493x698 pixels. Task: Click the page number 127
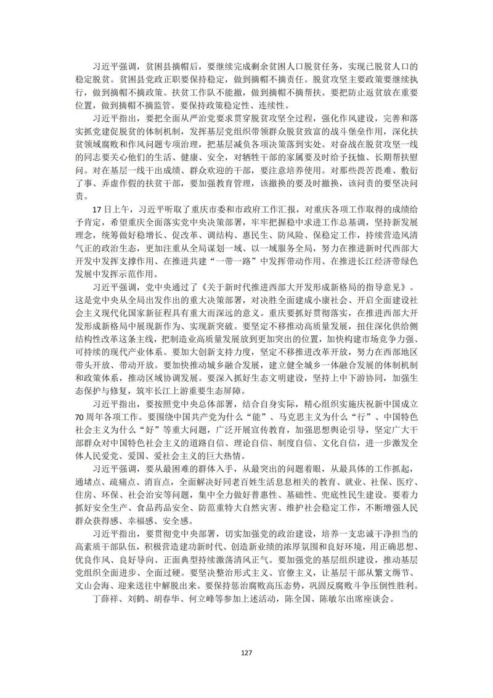[x=246, y=652]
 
